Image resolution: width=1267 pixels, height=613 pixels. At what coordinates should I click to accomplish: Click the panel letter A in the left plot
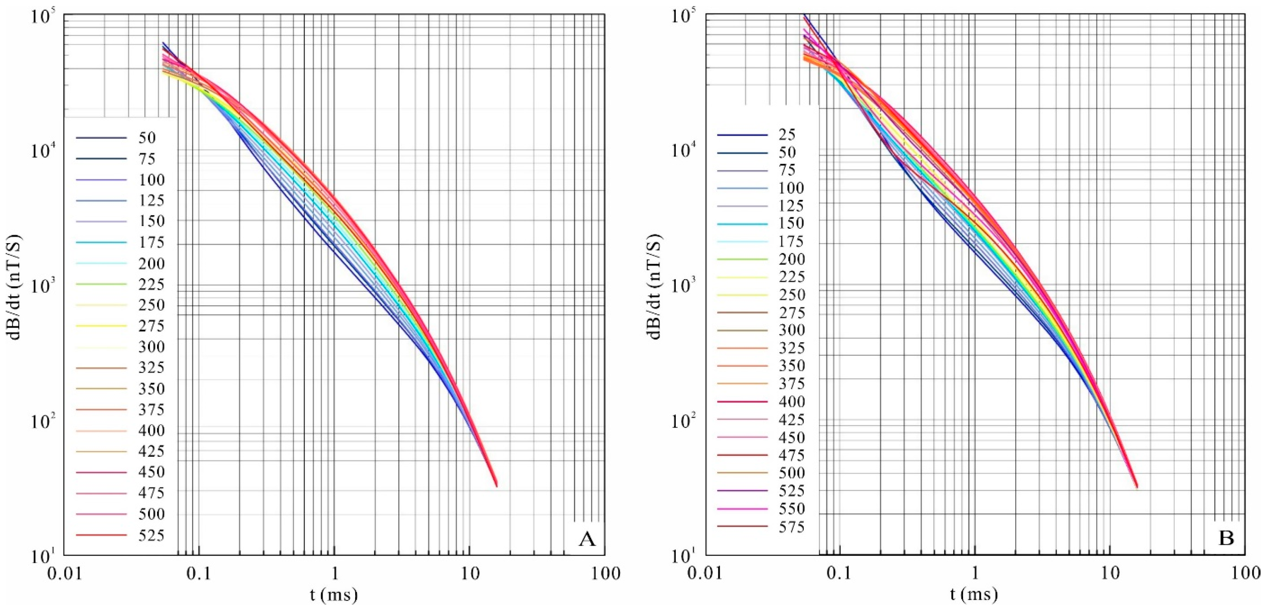[587, 540]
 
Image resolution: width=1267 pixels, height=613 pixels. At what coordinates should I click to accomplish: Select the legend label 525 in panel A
[151, 535]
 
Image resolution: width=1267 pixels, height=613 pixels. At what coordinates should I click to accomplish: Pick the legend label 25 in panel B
[787, 135]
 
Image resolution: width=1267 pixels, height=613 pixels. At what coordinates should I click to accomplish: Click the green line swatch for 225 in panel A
[101, 284]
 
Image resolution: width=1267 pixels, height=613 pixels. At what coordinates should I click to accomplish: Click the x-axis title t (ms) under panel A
[334, 595]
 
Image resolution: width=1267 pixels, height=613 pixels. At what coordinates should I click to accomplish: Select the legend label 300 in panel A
[151, 347]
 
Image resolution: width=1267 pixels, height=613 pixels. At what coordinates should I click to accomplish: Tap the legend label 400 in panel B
[792, 402]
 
